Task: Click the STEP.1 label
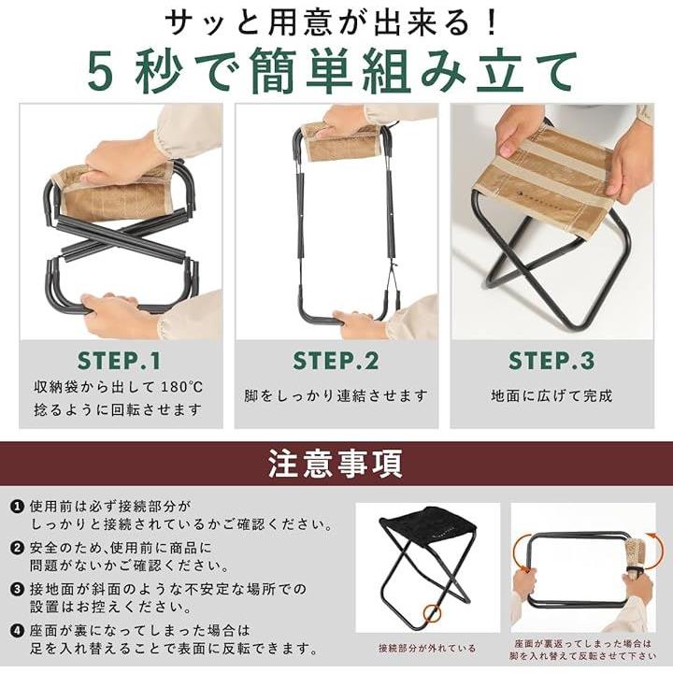(119, 361)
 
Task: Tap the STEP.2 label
(336, 361)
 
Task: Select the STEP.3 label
(552, 361)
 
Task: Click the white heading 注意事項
(336, 464)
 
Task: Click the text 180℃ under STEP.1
(182, 387)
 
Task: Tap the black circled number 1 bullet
(17, 507)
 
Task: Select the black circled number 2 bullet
(17, 548)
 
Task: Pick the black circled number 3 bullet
(17, 589)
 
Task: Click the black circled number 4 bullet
(17, 631)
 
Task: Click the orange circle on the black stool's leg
(432, 614)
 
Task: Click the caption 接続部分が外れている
(427, 648)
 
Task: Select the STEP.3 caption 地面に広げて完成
(552, 395)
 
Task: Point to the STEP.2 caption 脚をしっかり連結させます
(336, 395)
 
